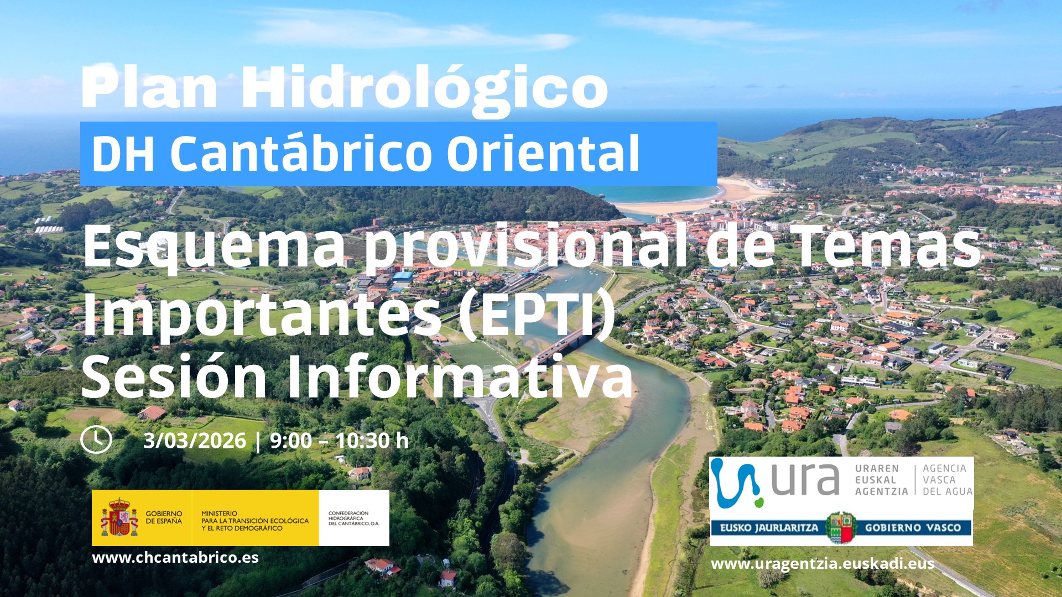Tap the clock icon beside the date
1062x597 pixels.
click(96, 439)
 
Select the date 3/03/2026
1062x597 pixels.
click(195, 441)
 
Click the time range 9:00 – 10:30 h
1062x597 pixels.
click(339, 441)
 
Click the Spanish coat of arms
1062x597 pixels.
click(119, 517)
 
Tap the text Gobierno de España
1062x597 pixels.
click(164, 517)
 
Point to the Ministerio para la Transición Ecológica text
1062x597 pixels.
click(255, 521)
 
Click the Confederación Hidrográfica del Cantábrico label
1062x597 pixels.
click(353, 519)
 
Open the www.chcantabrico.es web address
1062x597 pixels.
click(175, 557)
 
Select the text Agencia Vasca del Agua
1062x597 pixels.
click(948, 480)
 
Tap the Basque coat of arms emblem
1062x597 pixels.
click(841, 527)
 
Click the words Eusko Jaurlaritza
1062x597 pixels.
click(769, 528)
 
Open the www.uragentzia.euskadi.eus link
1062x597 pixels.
click(822, 564)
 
